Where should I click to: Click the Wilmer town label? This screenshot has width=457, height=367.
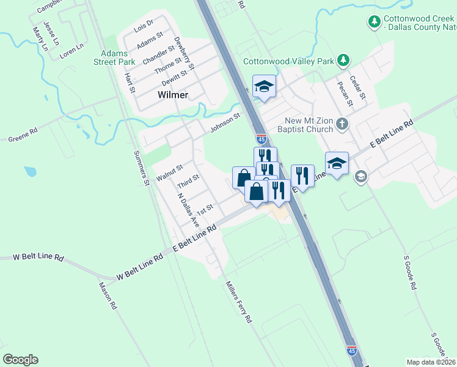[x=172, y=95]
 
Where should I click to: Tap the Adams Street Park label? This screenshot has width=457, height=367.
[x=114, y=57]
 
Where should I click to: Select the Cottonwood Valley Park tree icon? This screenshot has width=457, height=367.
[x=344, y=60]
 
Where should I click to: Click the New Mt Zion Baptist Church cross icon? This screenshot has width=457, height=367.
[x=342, y=125]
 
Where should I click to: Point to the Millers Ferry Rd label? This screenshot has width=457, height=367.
[x=238, y=302]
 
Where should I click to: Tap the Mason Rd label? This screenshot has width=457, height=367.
[x=107, y=296]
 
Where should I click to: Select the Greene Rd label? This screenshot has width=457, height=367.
[x=23, y=135]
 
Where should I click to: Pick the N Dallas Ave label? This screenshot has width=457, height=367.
[x=188, y=210]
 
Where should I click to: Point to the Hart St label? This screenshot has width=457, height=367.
[x=130, y=83]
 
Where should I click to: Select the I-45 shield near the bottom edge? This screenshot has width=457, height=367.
[x=351, y=350]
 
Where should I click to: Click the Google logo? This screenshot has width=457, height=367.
[x=21, y=360]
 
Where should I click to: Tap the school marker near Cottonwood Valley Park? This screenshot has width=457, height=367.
[x=264, y=87]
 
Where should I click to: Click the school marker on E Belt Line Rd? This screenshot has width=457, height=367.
[x=337, y=163]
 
